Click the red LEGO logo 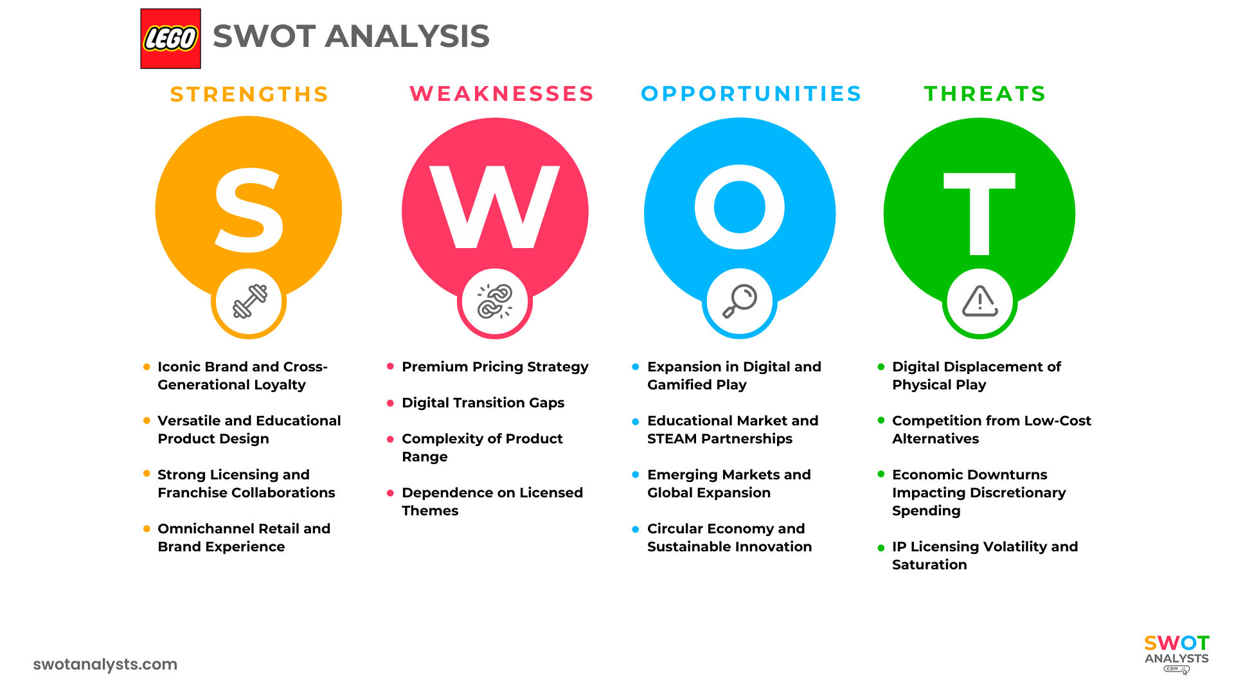(170, 39)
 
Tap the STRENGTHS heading (249, 94)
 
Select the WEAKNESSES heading (502, 94)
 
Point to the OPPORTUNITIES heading (751, 94)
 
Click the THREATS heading (985, 94)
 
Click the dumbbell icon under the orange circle (249, 301)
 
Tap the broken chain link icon (495, 301)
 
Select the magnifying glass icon (740, 301)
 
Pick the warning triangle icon (979, 301)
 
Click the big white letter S (249, 210)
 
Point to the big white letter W (494, 207)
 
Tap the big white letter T (979, 213)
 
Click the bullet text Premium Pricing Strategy (495, 367)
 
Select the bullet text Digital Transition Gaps (483, 403)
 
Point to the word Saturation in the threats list (929, 565)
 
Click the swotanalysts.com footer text (105, 664)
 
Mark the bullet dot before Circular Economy (636, 529)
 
